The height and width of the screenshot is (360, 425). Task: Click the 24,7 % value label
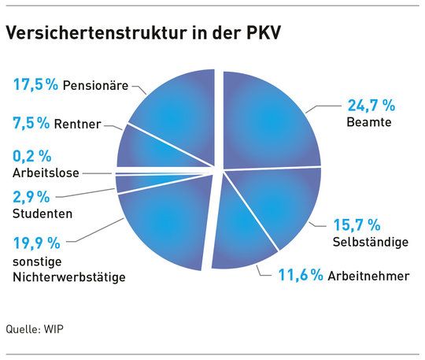[x=371, y=106]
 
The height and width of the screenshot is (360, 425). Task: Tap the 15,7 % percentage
[x=357, y=225]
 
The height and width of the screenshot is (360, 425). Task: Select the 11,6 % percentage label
[x=301, y=275]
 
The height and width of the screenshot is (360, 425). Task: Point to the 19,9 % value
[x=36, y=243]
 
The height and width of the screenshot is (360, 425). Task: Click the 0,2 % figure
[x=32, y=156]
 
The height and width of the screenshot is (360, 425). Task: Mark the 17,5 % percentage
[x=35, y=84]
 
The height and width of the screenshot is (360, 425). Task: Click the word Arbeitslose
[x=46, y=173]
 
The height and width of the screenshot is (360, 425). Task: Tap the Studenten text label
[x=42, y=213]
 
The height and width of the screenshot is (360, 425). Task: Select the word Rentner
[x=77, y=124]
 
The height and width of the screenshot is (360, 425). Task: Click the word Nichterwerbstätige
[x=69, y=278]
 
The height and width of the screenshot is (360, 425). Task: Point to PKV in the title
[x=263, y=32]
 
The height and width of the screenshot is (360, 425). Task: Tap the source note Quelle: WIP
[x=35, y=329]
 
